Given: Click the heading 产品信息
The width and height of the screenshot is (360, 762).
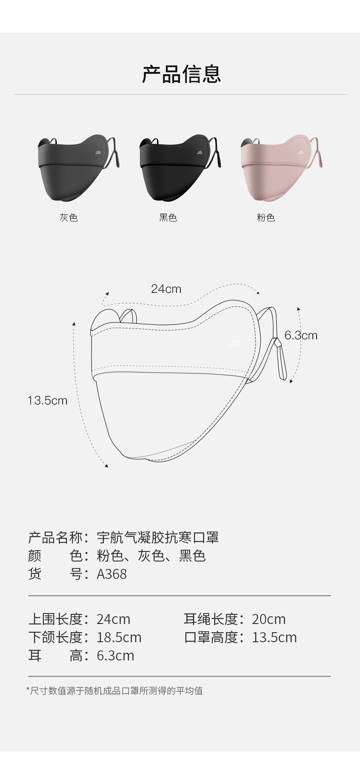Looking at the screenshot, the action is [x=181, y=74].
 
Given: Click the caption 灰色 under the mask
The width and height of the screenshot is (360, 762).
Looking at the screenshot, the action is [x=69, y=218].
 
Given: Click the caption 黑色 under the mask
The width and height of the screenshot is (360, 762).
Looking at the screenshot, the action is [x=168, y=218].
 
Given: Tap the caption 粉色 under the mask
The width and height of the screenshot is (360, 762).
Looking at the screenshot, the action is [x=266, y=218].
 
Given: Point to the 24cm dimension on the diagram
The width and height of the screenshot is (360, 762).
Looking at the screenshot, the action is [x=166, y=289].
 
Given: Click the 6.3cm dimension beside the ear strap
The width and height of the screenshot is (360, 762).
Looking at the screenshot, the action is [x=301, y=335].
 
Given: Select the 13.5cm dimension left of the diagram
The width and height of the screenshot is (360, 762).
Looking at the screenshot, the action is [x=47, y=400].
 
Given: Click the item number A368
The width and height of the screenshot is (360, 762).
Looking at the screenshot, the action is [x=112, y=574].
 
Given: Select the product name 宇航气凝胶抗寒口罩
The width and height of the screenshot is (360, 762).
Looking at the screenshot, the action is [x=158, y=537].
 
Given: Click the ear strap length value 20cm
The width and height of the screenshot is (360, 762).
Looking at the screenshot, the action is [x=268, y=619].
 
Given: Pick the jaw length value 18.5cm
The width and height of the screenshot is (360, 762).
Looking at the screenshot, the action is [x=119, y=637].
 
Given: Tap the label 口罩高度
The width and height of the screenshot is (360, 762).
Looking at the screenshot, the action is [x=211, y=637].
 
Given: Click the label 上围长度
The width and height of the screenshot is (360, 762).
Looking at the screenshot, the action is [x=56, y=619].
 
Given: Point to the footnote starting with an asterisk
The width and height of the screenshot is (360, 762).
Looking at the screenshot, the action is [x=115, y=690].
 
